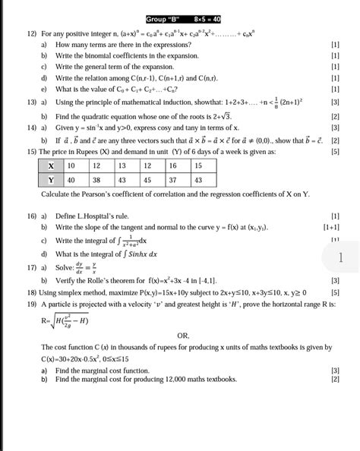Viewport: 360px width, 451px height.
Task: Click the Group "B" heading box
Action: click(180, 18)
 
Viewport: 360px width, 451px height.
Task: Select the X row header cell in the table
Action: click(51, 165)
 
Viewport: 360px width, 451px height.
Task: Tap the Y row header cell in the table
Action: click(51, 180)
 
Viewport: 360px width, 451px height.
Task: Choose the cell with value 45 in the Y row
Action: click(147, 180)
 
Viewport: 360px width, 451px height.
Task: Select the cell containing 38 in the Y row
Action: click(97, 180)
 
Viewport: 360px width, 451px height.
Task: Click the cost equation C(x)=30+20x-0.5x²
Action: click(75, 358)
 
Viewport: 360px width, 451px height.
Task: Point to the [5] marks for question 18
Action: click(335, 291)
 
